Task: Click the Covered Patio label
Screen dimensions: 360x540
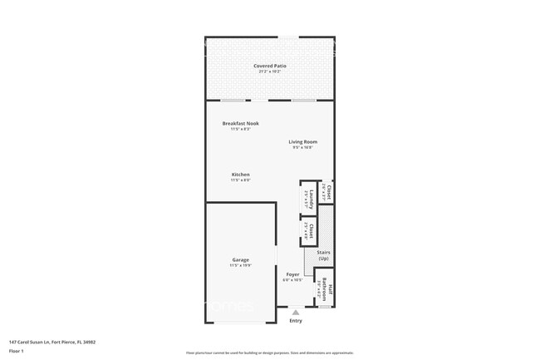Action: pyautogui.click(x=269, y=66)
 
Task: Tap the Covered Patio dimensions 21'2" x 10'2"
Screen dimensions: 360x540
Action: pyautogui.click(x=269, y=72)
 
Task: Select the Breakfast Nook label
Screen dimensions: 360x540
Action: pyautogui.click(x=240, y=123)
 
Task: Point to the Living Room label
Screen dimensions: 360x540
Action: pyautogui.click(x=302, y=141)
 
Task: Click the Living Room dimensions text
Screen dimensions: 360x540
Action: pyautogui.click(x=302, y=147)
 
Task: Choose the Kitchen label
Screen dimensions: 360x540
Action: pyautogui.click(x=240, y=175)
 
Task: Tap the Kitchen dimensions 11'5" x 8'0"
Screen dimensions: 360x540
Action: pyautogui.click(x=240, y=180)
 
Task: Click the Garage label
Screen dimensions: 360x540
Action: pyautogui.click(x=240, y=259)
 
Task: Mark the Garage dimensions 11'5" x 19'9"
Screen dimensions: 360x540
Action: pyautogui.click(x=240, y=265)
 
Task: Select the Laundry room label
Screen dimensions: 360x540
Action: pyautogui.click(x=310, y=197)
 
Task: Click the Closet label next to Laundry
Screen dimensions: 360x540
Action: pyautogui.click(x=328, y=193)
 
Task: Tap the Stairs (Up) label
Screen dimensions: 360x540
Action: pyautogui.click(x=323, y=255)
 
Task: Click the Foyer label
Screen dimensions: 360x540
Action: pyautogui.click(x=292, y=274)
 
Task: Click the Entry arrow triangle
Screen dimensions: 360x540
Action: pyautogui.click(x=295, y=313)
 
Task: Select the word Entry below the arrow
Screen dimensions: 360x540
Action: pyautogui.click(x=295, y=321)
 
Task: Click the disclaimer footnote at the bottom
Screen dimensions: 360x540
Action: pyautogui.click(x=269, y=353)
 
